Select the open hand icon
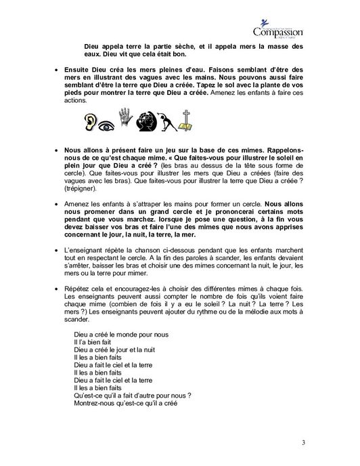pyautogui.click(x=125, y=123)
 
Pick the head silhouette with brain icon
pyautogui.click(x=145, y=123)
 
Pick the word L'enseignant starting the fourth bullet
pyautogui.click(x=84, y=250)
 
